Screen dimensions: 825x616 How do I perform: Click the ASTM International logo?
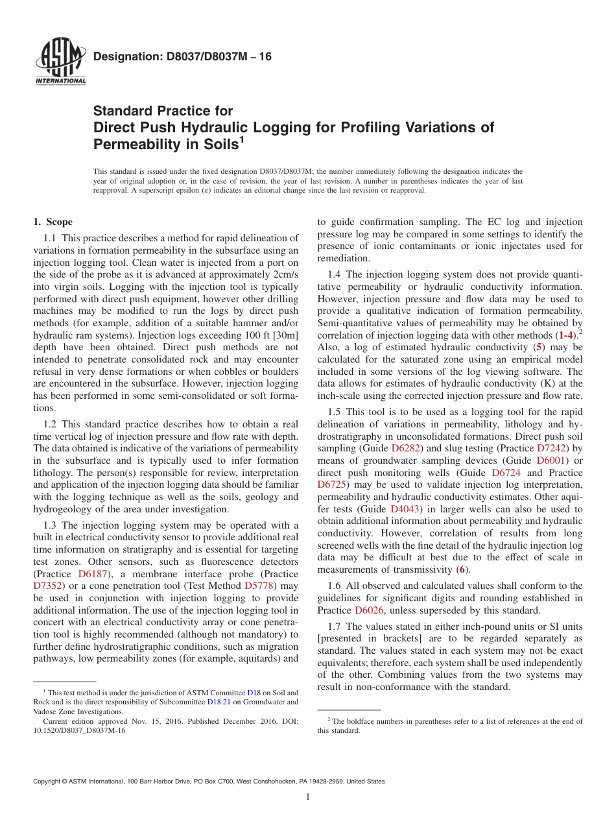(x=61, y=64)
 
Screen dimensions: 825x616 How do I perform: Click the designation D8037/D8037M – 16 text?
(x=182, y=57)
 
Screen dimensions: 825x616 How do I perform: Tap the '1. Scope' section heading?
(x=53, y=222)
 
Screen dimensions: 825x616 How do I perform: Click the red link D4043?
(x=405, y=509)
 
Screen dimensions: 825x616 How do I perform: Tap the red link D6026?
(x=370, y=610)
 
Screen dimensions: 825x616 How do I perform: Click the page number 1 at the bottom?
(x=308, y=797)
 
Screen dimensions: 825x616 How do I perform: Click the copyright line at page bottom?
(x=209, y=782)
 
